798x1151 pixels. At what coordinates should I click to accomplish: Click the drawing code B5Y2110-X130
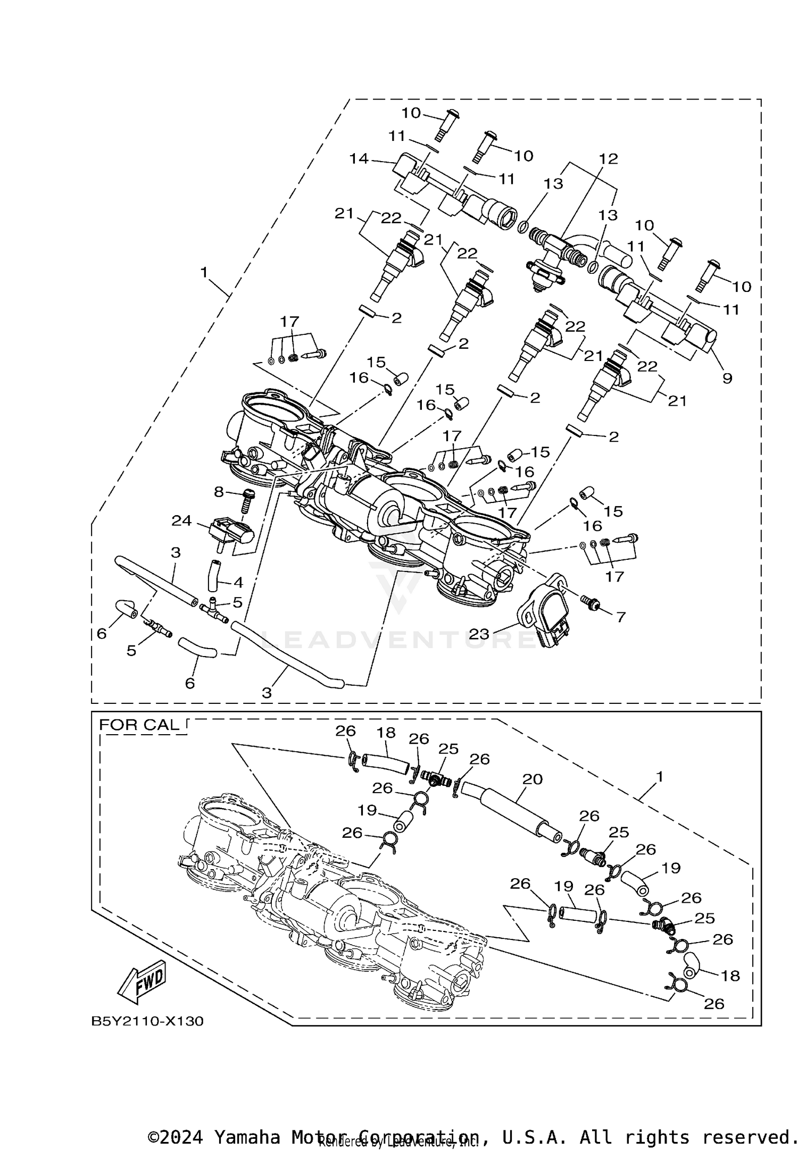pos(147,1021)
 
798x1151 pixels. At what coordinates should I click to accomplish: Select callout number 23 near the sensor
pos(479,634)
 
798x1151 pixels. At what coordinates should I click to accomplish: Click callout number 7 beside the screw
pos(620,617)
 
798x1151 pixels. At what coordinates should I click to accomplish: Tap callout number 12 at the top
pos(609,158)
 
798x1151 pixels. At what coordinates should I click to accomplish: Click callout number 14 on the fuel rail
pos(359,158)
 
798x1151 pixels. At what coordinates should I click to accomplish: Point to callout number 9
pos(727,378)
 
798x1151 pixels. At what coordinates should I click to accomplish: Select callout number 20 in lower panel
pos(532,779)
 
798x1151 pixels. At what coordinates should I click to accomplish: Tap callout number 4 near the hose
pos(238,583)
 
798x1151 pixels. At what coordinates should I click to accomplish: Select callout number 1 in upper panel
pos(204,272)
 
